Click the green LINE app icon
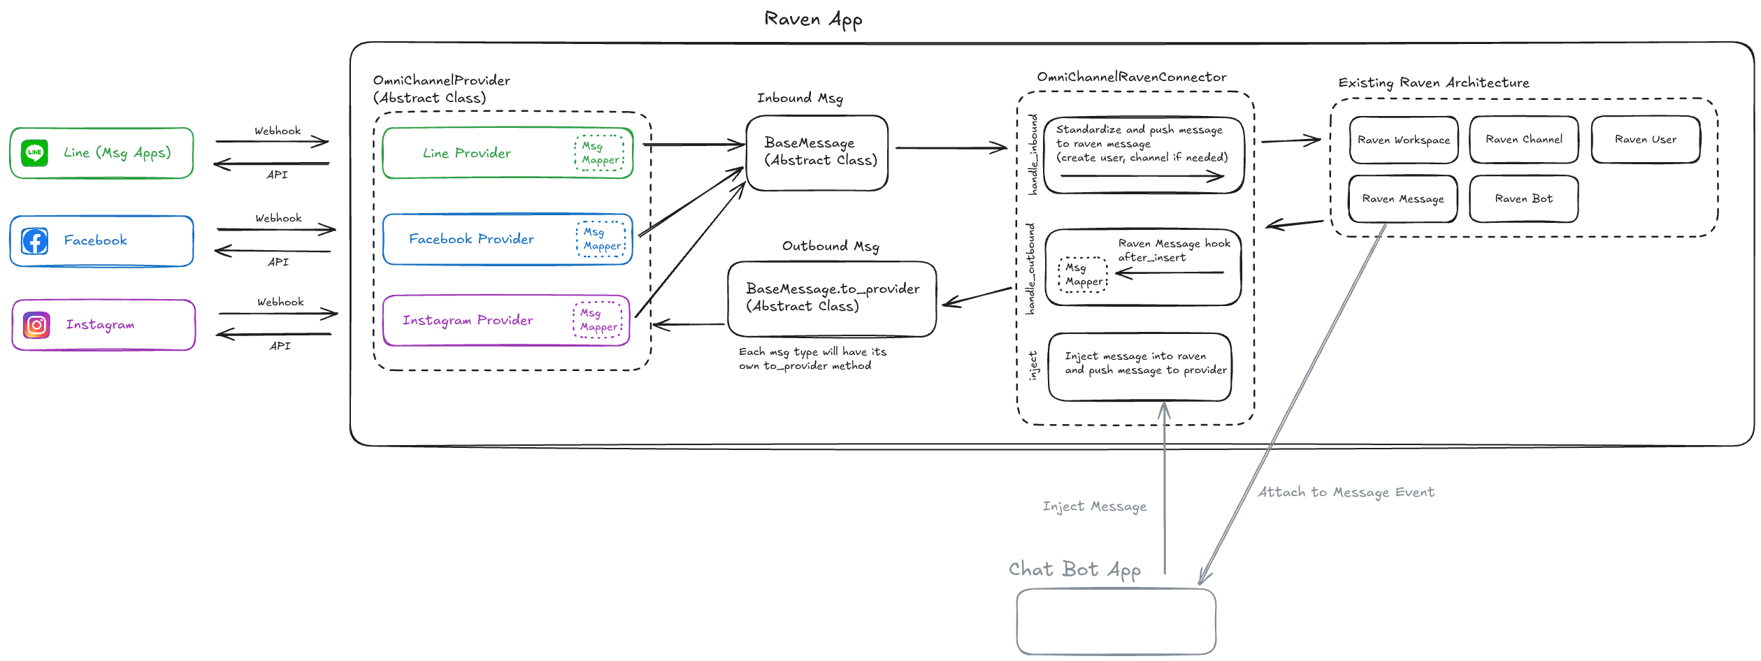34,152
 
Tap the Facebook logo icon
34,241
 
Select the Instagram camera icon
36,325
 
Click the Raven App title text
813,20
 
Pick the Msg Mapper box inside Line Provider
599,153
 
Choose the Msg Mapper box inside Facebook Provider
601,239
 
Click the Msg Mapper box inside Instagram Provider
598,320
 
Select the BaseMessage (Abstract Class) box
817,152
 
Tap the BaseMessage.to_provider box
831,298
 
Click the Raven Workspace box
1403,140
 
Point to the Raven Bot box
1523,199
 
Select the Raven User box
1645,140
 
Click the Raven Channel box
1523,140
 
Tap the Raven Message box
1402,199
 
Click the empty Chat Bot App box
1116,621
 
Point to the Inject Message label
1094,507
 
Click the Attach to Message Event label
1346,493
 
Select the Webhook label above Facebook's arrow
278,218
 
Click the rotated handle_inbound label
1033,154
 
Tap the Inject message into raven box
1140,366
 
